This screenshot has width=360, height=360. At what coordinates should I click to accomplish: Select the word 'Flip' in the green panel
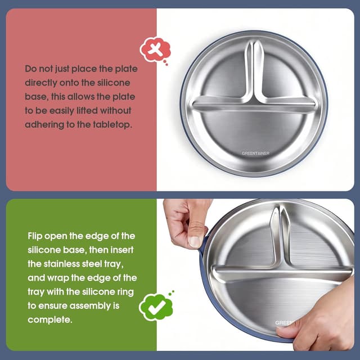click(37, 236)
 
